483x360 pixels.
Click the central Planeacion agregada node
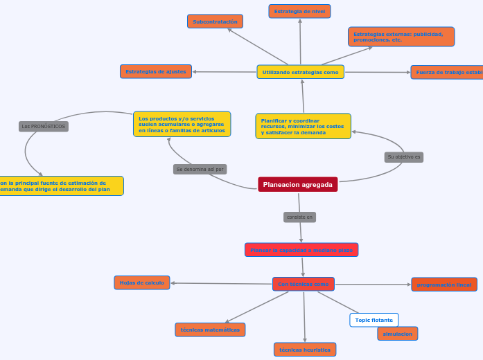(298, 184)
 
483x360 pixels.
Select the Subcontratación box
(215, 21)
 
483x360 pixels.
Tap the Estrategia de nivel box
(299, 11)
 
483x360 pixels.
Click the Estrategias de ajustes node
(156, 71)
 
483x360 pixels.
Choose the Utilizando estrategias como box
(300, 72)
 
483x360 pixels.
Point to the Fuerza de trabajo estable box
(447, 72)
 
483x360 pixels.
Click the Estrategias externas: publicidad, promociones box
(401, 37)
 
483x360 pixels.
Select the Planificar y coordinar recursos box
(303, 126)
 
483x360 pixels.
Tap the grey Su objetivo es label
(403, 157)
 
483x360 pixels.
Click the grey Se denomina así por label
(200, 169)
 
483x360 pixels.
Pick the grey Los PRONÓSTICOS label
(43, 127)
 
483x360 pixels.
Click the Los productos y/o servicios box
(182, 124)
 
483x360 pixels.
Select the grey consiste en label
(299, 217)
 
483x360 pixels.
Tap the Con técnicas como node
(303, 284)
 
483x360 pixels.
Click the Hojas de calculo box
(142, 282)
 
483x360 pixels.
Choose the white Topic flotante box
(374, 320)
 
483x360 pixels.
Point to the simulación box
(397, 334)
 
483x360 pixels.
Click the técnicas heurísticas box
(305, 350)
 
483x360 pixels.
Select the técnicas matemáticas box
(210, 330)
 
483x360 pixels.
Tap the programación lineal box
(444, 285)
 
